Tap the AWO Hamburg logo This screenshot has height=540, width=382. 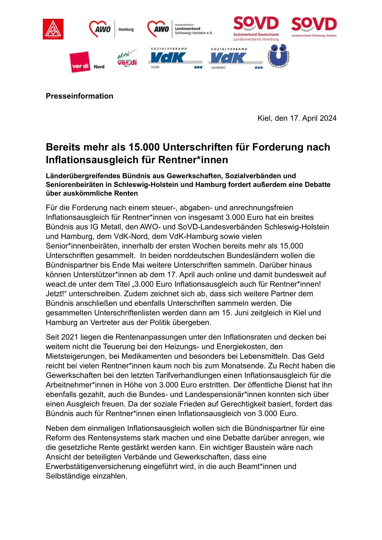tap(111, 29)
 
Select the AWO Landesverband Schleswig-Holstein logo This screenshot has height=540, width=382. tap(180, 29)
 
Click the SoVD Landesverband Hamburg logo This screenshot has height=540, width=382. tap(256, 29)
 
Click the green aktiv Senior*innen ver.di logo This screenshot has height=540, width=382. tap(127, 59)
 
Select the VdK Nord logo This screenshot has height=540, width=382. tap(175, 58)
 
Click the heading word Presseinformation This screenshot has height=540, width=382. tap(79, 96)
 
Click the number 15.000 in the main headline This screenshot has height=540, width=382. tap(144, 147)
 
